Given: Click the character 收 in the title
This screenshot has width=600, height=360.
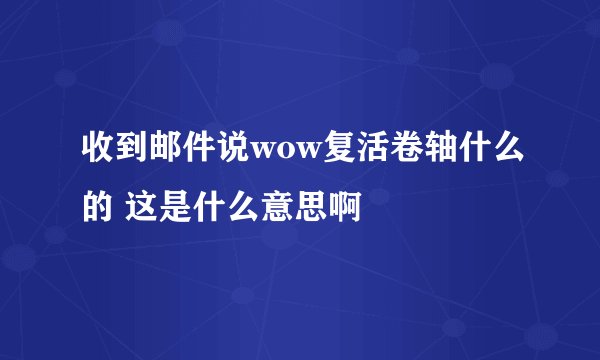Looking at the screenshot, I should pyautogui.click(x=97, y=151).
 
